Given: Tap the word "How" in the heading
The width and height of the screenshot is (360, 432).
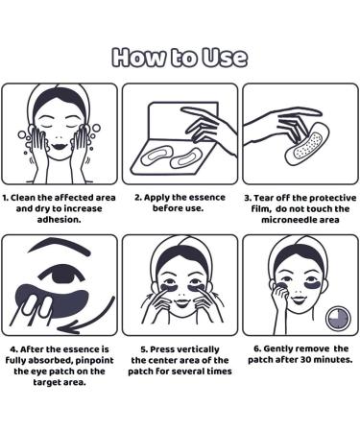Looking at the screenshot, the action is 138,58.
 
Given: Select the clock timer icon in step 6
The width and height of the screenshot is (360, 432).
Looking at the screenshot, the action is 338,319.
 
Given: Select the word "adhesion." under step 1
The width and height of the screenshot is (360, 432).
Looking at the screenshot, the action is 60,220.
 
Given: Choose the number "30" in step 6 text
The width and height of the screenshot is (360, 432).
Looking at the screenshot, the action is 305,360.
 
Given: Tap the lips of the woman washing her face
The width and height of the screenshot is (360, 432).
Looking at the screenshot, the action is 60,146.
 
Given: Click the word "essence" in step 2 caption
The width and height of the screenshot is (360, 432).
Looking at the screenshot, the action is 208,198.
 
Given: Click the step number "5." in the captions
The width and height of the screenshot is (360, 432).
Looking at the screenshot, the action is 144,349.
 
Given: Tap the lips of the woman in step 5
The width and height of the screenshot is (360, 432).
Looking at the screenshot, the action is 180,302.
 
